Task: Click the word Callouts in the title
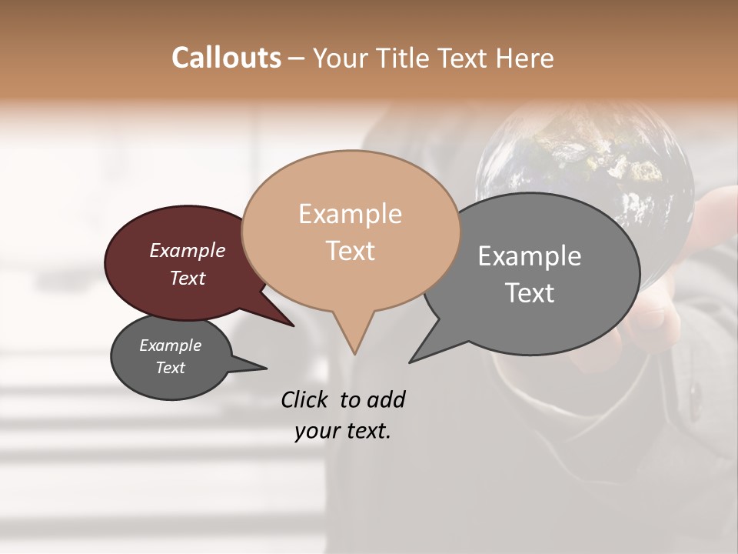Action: coord(226,58)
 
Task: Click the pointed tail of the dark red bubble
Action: coord(292,325)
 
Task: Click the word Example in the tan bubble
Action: coord(350,214)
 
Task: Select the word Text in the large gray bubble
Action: coord(529,293)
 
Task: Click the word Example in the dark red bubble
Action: coord(188,251)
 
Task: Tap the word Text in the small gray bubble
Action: coord(171,368)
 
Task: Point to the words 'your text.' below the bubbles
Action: coord(343,431)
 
